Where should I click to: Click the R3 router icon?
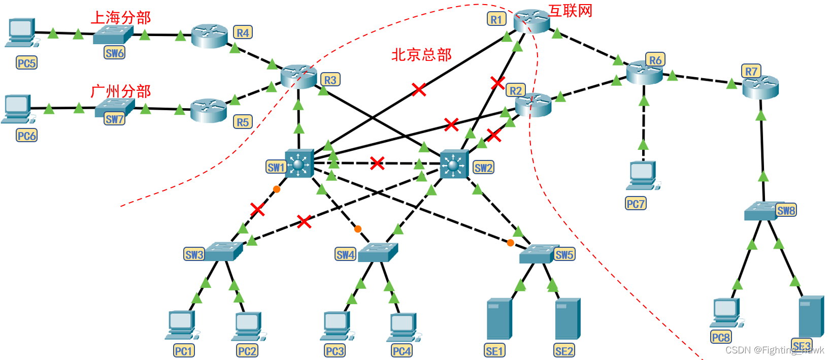point(298,76)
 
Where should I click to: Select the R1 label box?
point(496,19)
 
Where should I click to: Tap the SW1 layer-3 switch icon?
point(299,163)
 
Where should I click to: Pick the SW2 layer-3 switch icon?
point(454,164)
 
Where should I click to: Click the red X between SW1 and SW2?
point(377,163)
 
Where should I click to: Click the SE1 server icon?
point(499,319)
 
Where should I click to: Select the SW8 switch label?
point(786,210)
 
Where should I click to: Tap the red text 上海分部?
point(121,18)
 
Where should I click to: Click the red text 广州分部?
point(121,91)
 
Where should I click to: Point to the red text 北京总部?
point(421,55)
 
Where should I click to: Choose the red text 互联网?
point(571,11)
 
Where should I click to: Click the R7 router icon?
point(760,87)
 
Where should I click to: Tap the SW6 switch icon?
point(113,35)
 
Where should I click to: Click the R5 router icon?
point(209,110)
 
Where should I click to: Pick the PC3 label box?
point(335,351)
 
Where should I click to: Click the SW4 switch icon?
point(378,252)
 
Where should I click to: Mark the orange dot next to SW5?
point(510,243)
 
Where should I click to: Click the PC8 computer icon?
point(726,312)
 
